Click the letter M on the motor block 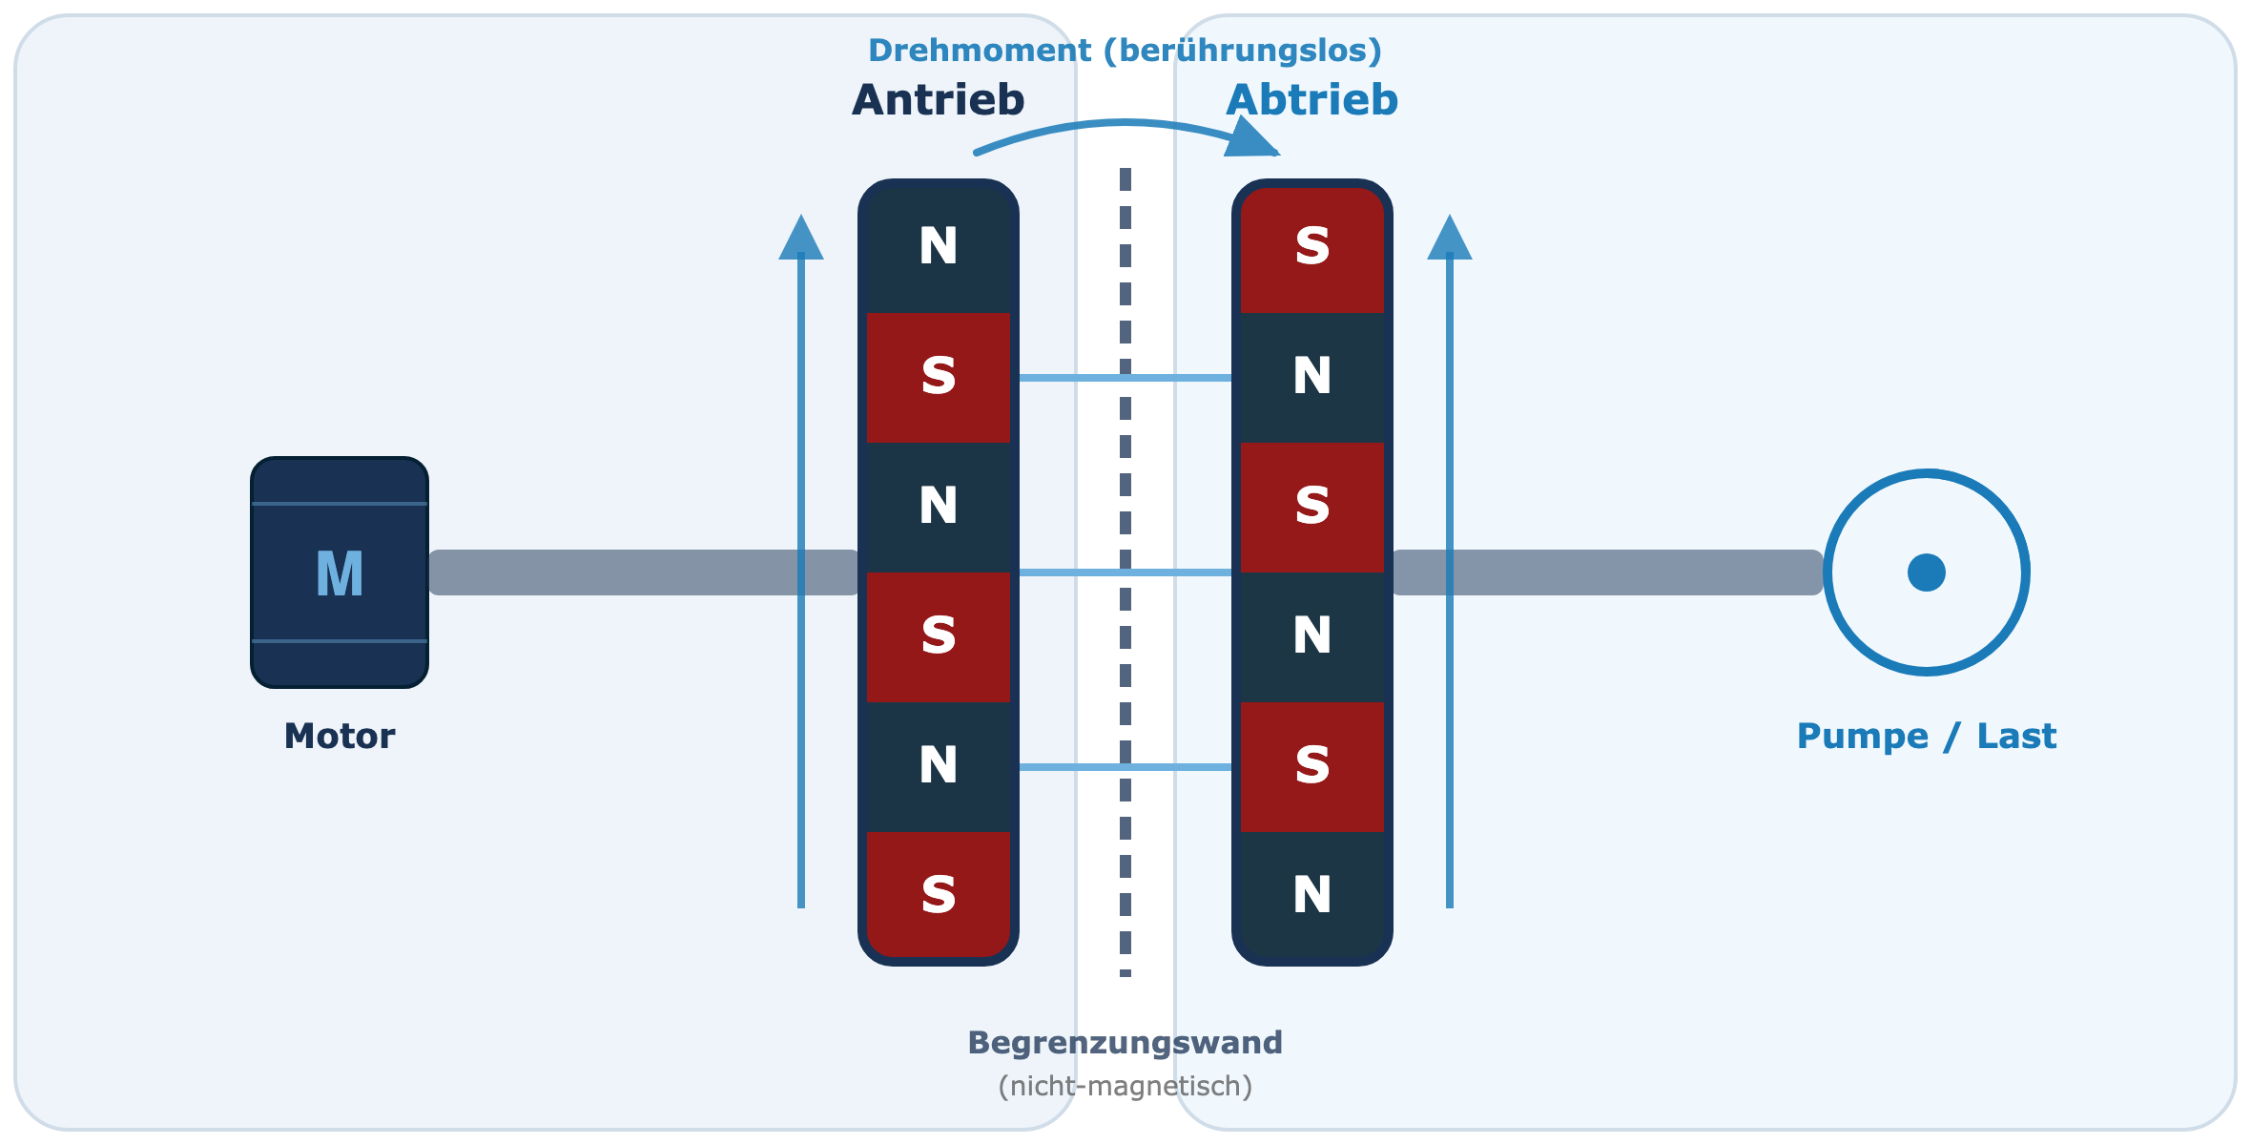pyautogui.click(x=340, y=573)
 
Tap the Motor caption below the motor pyautogui.click(x=340, y=736)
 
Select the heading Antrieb pyautogui.click(x=938, y=100)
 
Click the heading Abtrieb pyautogui.click(x=1311, y=100)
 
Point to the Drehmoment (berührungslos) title pyautogui.click(x=1125, y=50)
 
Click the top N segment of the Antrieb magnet pyautogui.click(x=939, y=248)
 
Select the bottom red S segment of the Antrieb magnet pyautogui.click(x=939, y=894)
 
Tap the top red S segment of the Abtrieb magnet pyautogui.click(x=1312, y=248)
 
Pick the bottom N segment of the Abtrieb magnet pyautogui.click(x=1312, y=894)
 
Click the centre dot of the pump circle pyautogui.click(x=1927, y=572)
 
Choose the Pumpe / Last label pyautogui.click(x=1927, y=736)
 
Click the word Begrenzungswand pyautogui.click(x=1125, y=1043)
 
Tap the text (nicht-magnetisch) pyautogui.click(x=1125, y=1086)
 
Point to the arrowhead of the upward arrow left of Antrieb pyautogui.click(x=801, y=237)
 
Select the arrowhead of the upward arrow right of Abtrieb pyautogui.click(x=1450, y=237)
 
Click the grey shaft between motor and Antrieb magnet pyautogui.click(x=644, y=572)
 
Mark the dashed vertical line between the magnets pyautogui.click(x=1125, y=572)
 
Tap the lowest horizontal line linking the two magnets pyautogui.click(x=1125, y=767)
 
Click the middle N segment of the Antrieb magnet pyautogui.click(x=939, y=507)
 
